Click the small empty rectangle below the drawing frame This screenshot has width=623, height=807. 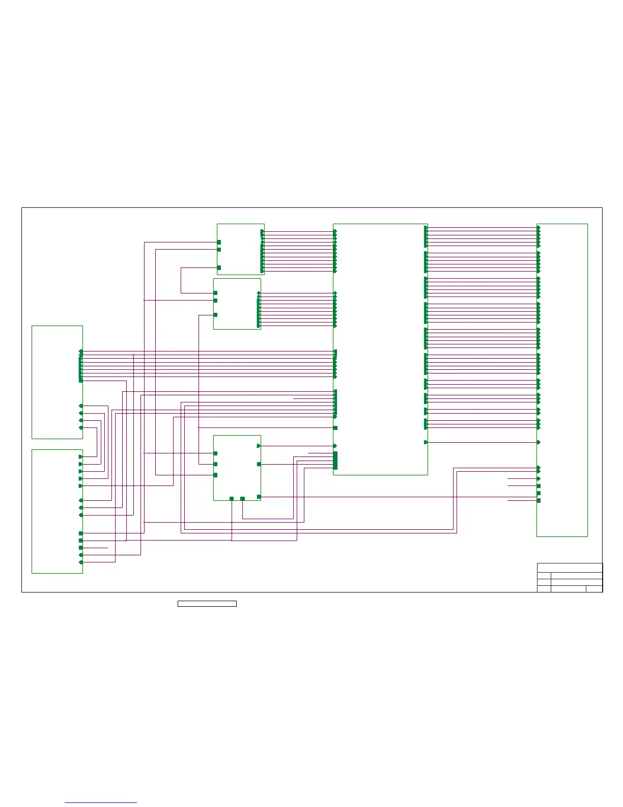(x=207, y=604)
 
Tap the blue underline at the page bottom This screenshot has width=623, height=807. (x=101, y=802)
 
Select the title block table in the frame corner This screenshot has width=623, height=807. (x=570, y=577)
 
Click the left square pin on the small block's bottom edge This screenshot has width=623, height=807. (x=232, y=498)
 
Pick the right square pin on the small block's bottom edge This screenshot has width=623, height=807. (x=242, y=498)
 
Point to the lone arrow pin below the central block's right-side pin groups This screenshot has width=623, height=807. (x=426, y=442)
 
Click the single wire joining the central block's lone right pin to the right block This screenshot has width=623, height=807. (x=483, y=442)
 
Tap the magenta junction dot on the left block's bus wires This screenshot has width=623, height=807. (x=133, y=355)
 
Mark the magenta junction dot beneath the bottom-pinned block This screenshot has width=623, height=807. (x=232, y=540)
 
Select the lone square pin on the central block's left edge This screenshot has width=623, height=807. (x=335, y=428)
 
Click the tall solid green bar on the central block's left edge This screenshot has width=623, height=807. (x=335, y=460)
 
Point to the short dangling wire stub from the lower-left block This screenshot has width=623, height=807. (x=97, y=548)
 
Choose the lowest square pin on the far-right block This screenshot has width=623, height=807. (x=539, y=501)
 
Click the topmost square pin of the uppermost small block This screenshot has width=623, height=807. (x=219, y=242)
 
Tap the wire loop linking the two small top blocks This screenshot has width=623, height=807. (x=181, y=280)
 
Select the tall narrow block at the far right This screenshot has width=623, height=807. (x=562, y=380)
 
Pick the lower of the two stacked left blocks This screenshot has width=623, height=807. (x=57, y=511)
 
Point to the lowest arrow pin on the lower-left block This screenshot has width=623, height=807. (x=81, y=562)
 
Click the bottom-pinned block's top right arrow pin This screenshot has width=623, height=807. (x=259, y=446)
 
